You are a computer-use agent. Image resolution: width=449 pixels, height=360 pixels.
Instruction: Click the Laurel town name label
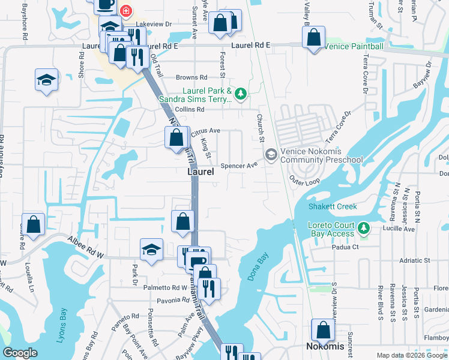[x=200, y=172]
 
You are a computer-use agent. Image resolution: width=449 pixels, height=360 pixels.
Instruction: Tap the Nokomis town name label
[x=325, y=347]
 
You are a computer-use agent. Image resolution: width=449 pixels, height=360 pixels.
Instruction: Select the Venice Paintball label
[x=353, y=46]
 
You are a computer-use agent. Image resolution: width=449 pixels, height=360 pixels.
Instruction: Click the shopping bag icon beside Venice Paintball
[x=314, y=38]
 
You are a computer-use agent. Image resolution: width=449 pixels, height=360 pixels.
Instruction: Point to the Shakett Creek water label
[x=333, y=206]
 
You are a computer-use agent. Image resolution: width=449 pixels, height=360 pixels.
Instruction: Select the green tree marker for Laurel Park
[x=240, y=93]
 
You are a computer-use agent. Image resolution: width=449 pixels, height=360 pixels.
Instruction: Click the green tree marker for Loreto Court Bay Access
[x=363, y=228]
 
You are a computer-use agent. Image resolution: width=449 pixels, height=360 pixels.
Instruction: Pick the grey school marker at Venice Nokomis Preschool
[x=271, y=155]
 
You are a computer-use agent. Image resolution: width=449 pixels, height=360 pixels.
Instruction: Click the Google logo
[x=20, y=353]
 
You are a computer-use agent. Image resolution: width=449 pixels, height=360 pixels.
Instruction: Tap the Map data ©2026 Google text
[x=411, y=355]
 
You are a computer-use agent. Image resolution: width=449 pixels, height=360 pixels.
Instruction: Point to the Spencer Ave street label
[x=239, y=166]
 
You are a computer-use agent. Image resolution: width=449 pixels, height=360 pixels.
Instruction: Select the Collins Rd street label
[x=190, y=109]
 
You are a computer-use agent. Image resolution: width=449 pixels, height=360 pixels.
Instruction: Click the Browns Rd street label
[x=191, y=77]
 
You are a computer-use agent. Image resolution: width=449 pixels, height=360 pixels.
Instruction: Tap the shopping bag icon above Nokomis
[x=323, y=329]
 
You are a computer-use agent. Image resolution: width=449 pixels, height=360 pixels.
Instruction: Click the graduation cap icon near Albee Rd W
[x=152, y=249]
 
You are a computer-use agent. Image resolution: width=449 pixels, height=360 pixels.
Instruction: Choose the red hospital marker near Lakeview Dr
[x=125, y=10]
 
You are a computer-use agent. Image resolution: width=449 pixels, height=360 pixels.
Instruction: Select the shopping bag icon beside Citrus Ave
[x=176, y=137]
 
